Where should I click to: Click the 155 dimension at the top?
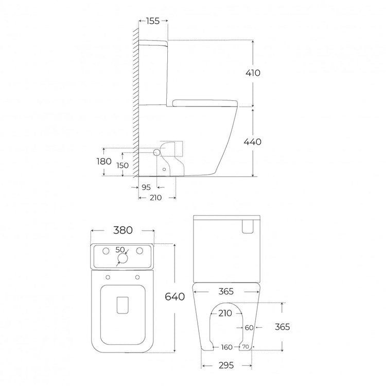click(153, 21)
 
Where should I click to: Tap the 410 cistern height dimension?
click(253, 73)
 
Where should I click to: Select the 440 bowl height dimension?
click(253, 142)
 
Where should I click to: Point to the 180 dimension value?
click(104, 162)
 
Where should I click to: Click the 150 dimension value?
click(122, 165)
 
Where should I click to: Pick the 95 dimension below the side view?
click(146, 187)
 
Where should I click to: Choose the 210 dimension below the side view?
click(155, 198)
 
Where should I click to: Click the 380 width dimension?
click(123, 230)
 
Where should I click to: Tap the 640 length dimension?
click(175, 296)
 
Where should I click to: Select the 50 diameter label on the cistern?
click(120, 250)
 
